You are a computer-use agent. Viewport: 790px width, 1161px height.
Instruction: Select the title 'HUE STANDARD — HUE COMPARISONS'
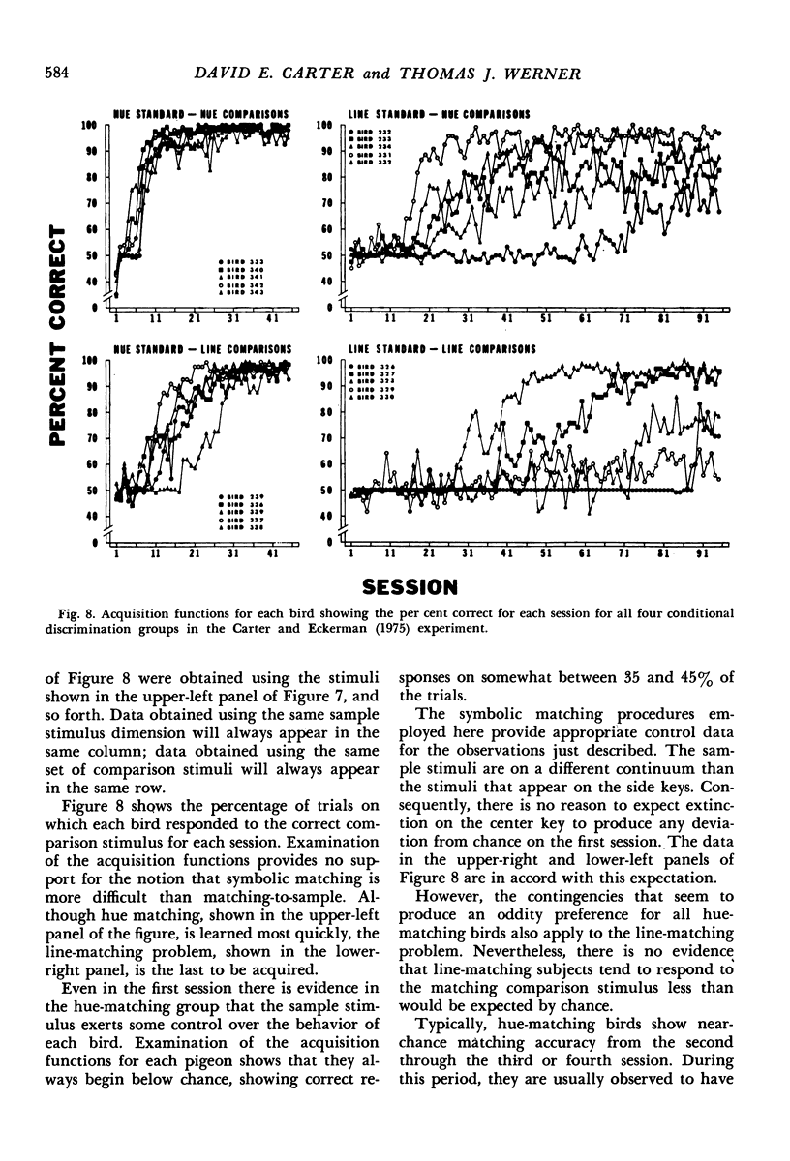(x=201, y=112)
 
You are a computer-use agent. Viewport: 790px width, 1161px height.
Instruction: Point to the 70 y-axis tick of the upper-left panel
(x=91, y=204)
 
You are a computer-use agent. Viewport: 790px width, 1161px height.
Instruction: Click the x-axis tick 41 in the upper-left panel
(x=273, y=317)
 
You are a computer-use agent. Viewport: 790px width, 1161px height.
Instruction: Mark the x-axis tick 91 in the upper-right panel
(x=701, y=317)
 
